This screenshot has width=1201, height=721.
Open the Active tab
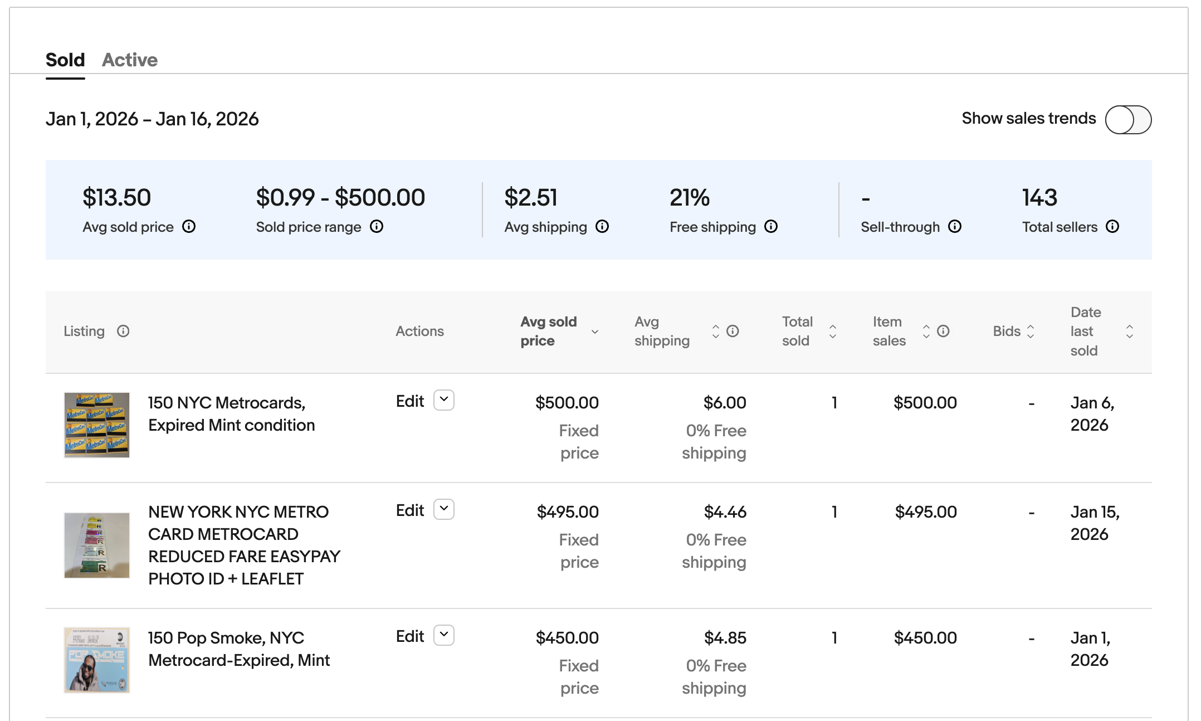(x=129, y=60)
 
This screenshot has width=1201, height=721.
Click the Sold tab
(x=65, y=60)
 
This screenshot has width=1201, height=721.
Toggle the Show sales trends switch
(x=1128, y=119)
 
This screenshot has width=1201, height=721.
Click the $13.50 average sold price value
(x=116, y=198)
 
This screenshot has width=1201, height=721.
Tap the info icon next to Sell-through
(x=955, y=226)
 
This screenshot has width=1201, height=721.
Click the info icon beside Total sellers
(x=1112, y=226)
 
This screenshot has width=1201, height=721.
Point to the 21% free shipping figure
(x=689, y=198)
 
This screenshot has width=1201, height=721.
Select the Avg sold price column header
(x=548, y=331)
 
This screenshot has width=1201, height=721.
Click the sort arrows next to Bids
(x=1031, y=331)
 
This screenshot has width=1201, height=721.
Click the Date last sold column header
(x=1085, y=331)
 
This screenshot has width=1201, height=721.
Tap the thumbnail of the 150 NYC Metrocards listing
(x=97, y=425)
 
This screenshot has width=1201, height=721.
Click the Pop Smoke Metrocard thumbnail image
(x=97, y=660)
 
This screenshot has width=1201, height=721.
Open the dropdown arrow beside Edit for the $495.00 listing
(x=444, y=509)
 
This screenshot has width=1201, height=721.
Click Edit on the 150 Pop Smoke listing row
(x=410, y=636)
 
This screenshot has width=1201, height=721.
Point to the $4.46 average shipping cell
(x=725, y=512)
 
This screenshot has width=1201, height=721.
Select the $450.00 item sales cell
(x=925, y=638)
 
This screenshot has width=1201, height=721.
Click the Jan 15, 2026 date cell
(x=1094, y=523)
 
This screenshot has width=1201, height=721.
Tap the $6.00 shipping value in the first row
(x=724, y=403)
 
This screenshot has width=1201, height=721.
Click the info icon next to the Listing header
(x=123, y=331)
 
